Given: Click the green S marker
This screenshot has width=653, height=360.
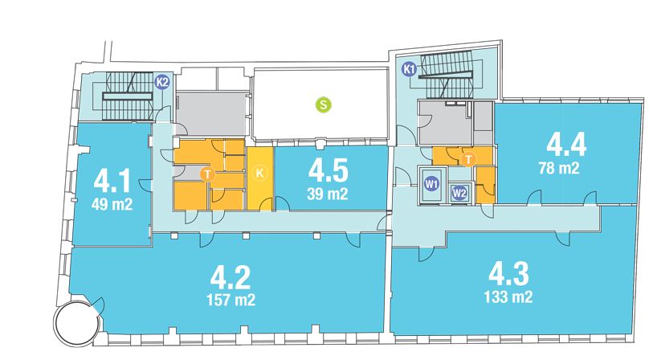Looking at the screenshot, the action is point(324,104).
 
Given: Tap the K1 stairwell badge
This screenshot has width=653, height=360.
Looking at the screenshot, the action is point(410,70).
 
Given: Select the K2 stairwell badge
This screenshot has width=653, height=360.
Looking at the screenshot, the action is point(162,82).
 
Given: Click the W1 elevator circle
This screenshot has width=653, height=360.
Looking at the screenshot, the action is point(431,184).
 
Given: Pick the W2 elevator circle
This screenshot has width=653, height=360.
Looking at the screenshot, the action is point(459,193).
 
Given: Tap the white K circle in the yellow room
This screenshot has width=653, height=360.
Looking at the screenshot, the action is point(259,173).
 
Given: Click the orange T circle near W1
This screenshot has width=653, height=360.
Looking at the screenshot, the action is point(469,159).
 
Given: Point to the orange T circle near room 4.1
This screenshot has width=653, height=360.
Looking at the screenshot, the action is point(207,174).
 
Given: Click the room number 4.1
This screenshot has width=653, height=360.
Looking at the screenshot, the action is point(112,182).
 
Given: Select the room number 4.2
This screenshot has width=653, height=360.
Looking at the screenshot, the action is point(231,277).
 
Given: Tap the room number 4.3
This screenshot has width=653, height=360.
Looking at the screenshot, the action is point(508,274).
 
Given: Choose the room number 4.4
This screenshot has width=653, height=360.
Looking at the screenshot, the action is point(566,144).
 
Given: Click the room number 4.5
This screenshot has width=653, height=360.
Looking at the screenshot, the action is point(328,171).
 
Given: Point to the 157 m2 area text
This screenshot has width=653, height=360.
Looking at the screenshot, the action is point(231,300).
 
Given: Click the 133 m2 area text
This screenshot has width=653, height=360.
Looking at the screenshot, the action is point(508,297).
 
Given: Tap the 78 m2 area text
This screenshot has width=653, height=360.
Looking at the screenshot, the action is point(558,168).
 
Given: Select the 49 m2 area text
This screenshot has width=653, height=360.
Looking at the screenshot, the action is point(112,204).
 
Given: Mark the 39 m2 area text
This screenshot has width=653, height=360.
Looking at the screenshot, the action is point(328,194).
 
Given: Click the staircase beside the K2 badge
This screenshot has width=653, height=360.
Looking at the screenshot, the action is point(128,96).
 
